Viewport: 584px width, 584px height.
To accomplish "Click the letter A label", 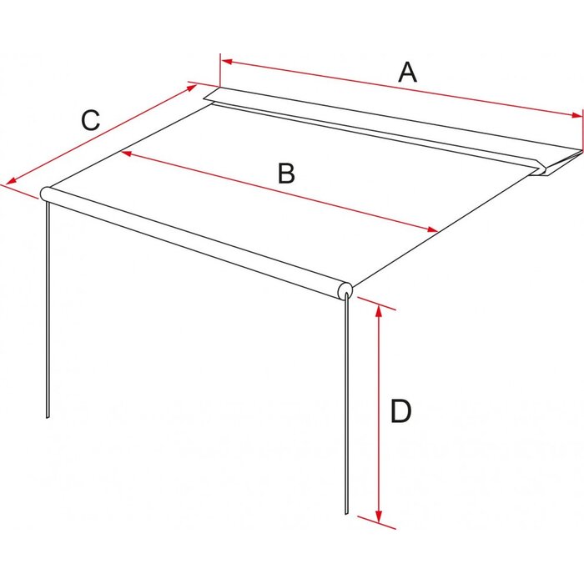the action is click(407, 73).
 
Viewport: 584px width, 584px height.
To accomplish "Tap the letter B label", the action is click(286, 174).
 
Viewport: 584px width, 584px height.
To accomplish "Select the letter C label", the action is click(91, 120).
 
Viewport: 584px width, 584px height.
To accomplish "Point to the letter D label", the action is click(400, 411).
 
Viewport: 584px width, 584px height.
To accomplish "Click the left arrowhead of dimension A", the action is click(227, 62).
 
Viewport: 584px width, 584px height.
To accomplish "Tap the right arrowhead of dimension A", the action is click(576, 115).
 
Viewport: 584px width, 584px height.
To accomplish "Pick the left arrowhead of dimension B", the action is click(127, 153).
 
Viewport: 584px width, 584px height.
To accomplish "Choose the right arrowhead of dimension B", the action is click(432, 229).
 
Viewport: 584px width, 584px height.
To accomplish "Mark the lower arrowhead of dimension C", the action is click(11, 181).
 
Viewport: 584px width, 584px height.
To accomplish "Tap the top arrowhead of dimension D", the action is click(379, 310).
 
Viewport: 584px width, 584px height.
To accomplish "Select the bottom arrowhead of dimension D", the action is click(379, 516).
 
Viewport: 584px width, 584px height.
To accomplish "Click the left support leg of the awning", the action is click(48, 310).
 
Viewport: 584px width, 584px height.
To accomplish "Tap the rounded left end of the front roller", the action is click(45, 194).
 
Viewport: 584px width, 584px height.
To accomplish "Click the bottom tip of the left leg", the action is click(48, 418).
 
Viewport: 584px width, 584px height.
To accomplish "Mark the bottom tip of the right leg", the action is click(346, 515).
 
